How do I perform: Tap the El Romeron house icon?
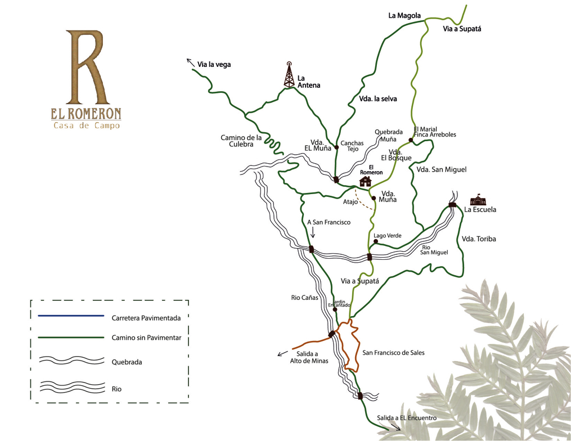[x=366, y=181]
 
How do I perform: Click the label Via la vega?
[x=214, y=65]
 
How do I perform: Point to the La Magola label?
[x=404, y=16]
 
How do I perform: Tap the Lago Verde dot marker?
[x=375, y=241]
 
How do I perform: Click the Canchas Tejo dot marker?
[x=336, y=147]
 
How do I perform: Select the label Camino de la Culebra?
[x=241, y=141]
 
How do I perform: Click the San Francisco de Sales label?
[x=393, y=353]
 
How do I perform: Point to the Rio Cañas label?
[x=304, y=298]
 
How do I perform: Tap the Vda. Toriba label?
[x=479, y=239]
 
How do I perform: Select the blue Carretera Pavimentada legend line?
[x=71, y=316]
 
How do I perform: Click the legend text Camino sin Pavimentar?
[x=146, y=338]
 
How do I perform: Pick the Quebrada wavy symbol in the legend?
[x=71, y=361]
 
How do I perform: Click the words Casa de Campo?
[x=87, y=126]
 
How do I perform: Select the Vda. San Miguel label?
[x=442, y=169]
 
